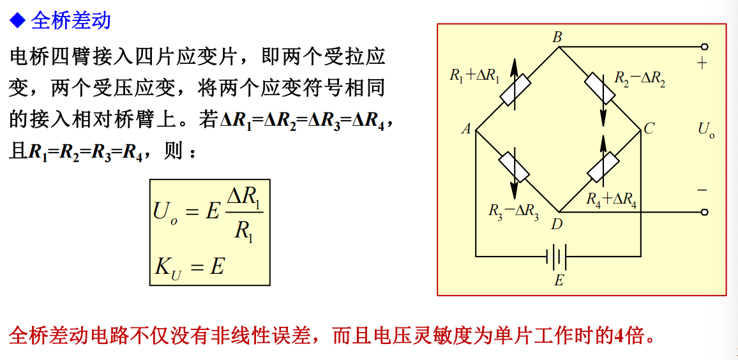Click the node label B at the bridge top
(557, 37)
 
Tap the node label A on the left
(466, 129)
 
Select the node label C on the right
(649, 129)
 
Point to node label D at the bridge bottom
(557, 223)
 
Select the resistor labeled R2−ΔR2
(600, 89)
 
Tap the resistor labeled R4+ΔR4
(603, 167)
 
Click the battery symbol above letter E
(557, 257)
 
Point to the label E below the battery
(559, 280)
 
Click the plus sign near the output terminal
(702, 64)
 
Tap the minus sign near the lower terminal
(702, 190)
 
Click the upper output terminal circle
(705, 47)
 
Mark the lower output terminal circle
(705, 212)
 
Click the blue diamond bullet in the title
(17, 21)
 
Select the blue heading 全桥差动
(71, 20)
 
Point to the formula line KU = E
(189, 267)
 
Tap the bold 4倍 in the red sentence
(628, 334)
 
